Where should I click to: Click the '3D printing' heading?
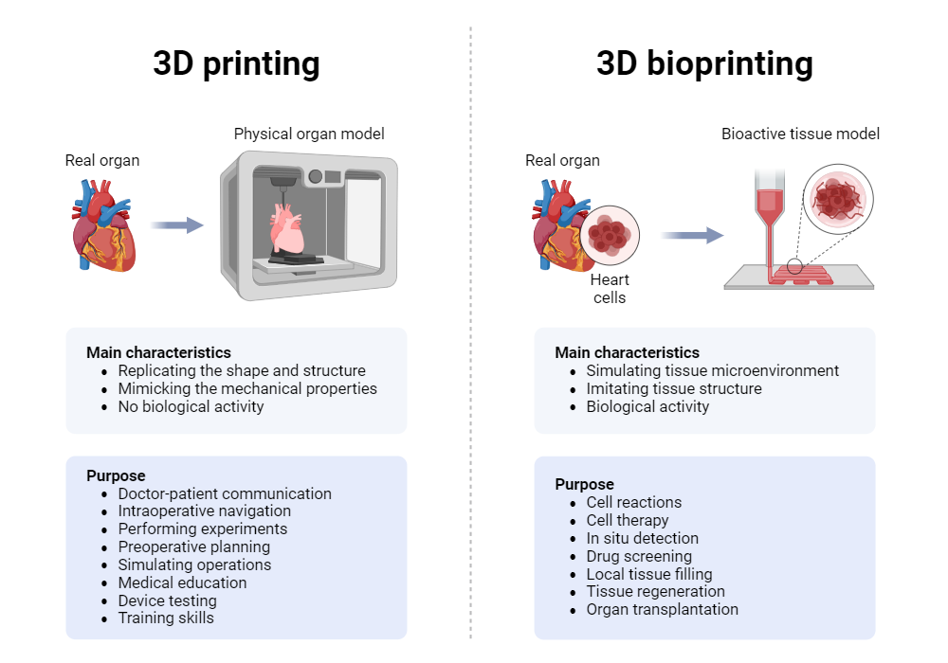point(236,63)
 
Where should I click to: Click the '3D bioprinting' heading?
point(704,63)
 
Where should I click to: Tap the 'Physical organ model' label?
point(309,134)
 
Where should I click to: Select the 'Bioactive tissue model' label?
point(800,134)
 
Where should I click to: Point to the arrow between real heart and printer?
point(177,225)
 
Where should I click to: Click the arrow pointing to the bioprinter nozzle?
point(692,235)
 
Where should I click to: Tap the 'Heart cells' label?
point(610,289)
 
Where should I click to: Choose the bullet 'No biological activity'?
point(191,406)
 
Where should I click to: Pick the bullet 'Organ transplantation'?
point(662,610)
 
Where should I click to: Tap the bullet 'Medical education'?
point(182,582)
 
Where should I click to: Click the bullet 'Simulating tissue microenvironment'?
point(712,370)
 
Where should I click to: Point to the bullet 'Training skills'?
point(166,618)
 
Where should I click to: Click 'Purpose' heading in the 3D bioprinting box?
point(584,484)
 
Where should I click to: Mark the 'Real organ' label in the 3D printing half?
point(102,161)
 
